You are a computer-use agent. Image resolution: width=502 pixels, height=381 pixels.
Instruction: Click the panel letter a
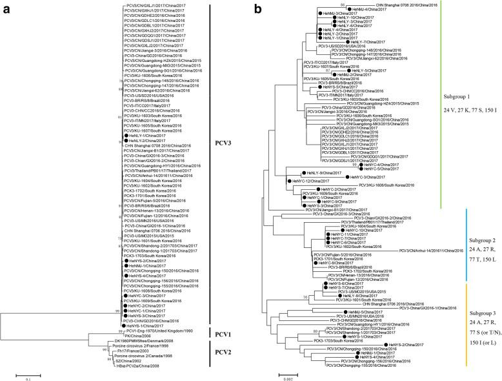tap(5, 9)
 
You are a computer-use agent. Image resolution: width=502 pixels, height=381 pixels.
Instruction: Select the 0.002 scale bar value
tap(285, 378)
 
